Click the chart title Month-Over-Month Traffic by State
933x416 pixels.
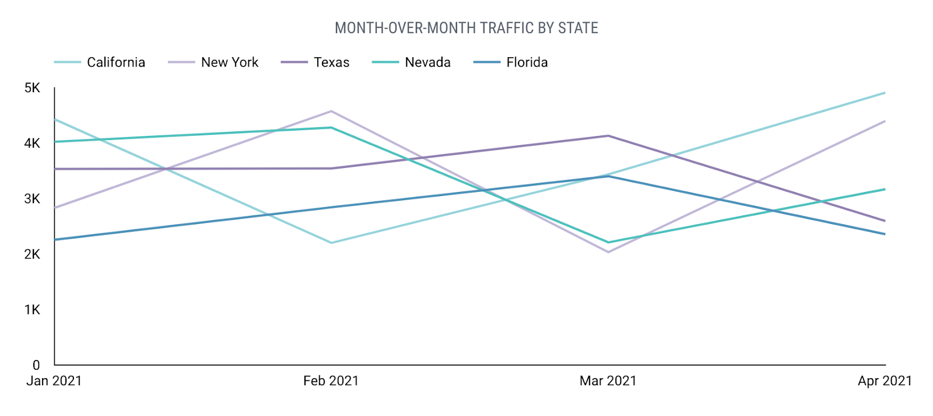[466, 28]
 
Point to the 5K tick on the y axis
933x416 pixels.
[32, 88]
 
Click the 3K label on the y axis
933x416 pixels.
[32, 199]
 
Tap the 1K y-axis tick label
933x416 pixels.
[32, 310]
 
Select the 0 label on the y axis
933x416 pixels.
[36, 365]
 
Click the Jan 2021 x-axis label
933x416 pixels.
[54, 381]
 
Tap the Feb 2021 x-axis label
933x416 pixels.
[331, 381]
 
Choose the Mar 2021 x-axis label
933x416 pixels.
[608, 381]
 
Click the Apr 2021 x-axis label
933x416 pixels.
[884, 381]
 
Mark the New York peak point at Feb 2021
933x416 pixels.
[331, 111]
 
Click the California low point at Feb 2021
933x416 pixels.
[331, 243]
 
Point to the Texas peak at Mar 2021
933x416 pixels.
[608, 136]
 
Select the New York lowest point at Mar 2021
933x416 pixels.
[608, 252]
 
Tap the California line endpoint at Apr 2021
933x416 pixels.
[885, 93]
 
